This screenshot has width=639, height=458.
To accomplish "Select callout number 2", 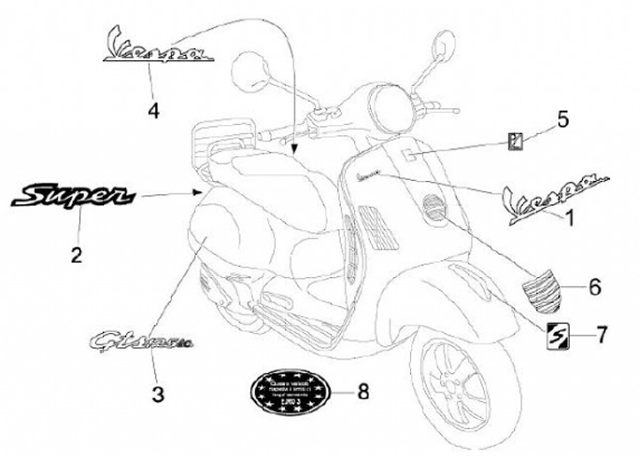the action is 77,256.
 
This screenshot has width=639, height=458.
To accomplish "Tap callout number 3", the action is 157,394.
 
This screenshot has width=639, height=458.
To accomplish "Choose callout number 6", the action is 595,287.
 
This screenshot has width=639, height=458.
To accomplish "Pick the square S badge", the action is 557,336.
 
